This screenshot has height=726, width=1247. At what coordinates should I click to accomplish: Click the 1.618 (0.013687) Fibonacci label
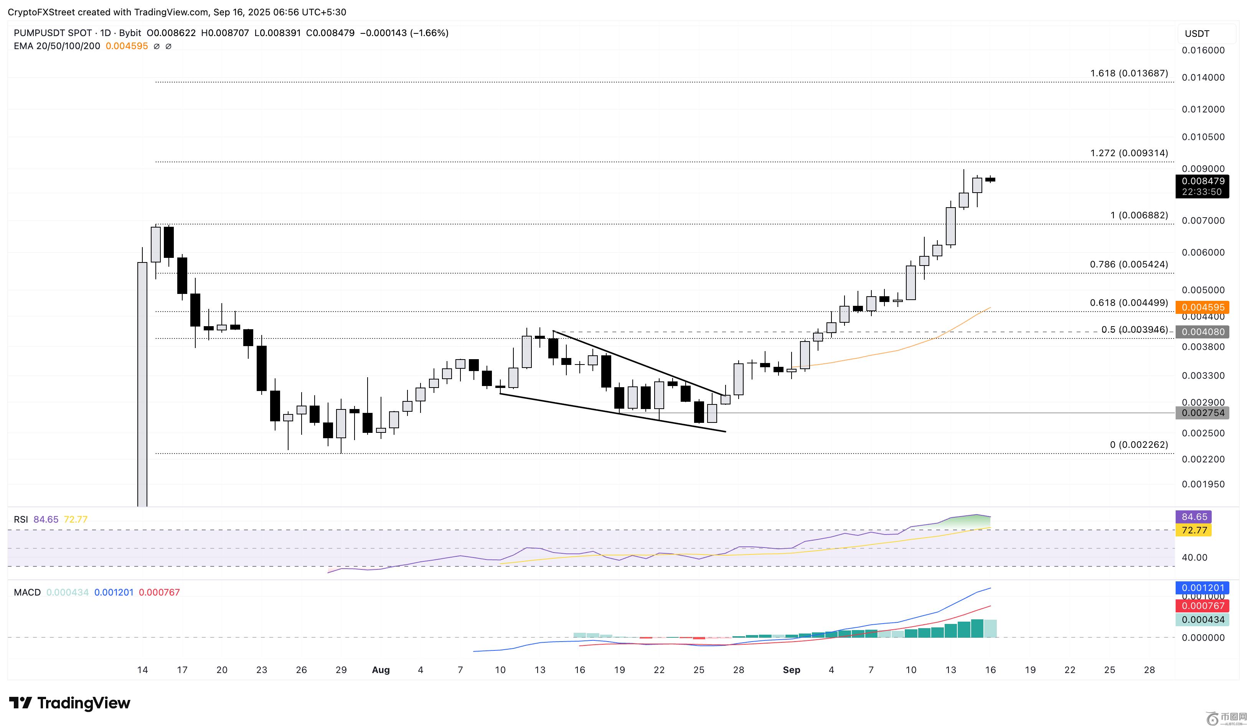pos(1129,73)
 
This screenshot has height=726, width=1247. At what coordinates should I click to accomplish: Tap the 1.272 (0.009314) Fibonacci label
pos(1129,153)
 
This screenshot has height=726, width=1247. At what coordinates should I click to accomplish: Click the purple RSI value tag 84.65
pos(1194,516)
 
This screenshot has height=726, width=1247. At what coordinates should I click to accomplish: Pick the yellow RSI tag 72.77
pos(1194,530)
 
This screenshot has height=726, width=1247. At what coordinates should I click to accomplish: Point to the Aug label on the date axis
pos(381,670)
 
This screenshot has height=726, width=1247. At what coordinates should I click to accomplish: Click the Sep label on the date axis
pos(791,670)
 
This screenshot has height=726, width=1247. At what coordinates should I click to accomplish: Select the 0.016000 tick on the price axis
pos(1203,50)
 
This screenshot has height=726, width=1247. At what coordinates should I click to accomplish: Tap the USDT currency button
pos(1197,34)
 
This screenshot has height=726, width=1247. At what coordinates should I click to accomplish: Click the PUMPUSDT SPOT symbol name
pos(53,33)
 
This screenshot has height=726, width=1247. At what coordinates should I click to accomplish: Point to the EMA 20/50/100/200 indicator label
pos(57,46)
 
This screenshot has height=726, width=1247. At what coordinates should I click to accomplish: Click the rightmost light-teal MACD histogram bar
pos(990,628)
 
